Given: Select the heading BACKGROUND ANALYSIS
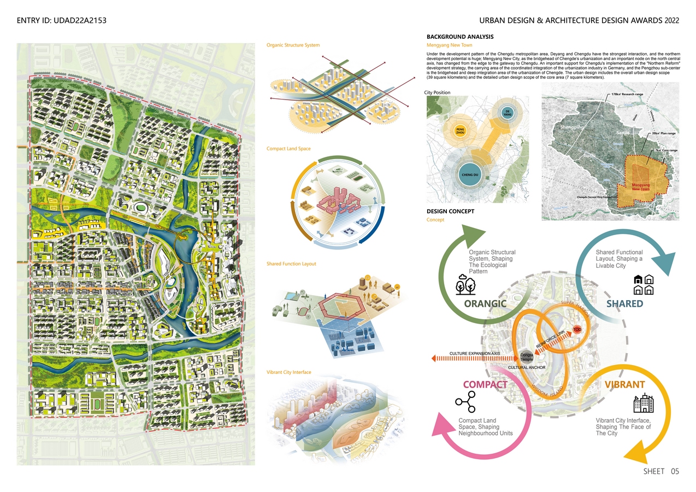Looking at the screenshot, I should point(460,37).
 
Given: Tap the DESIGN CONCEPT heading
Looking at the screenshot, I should point(450,211).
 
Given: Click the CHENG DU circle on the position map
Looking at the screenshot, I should point(469,174).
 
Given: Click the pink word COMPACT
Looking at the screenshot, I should point(485,384).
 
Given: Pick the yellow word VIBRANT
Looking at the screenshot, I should point(624,384).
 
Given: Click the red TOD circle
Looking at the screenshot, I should point(576,330).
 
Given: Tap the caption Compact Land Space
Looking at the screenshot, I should point(288,149).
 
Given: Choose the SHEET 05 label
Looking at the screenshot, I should point(660,471).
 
